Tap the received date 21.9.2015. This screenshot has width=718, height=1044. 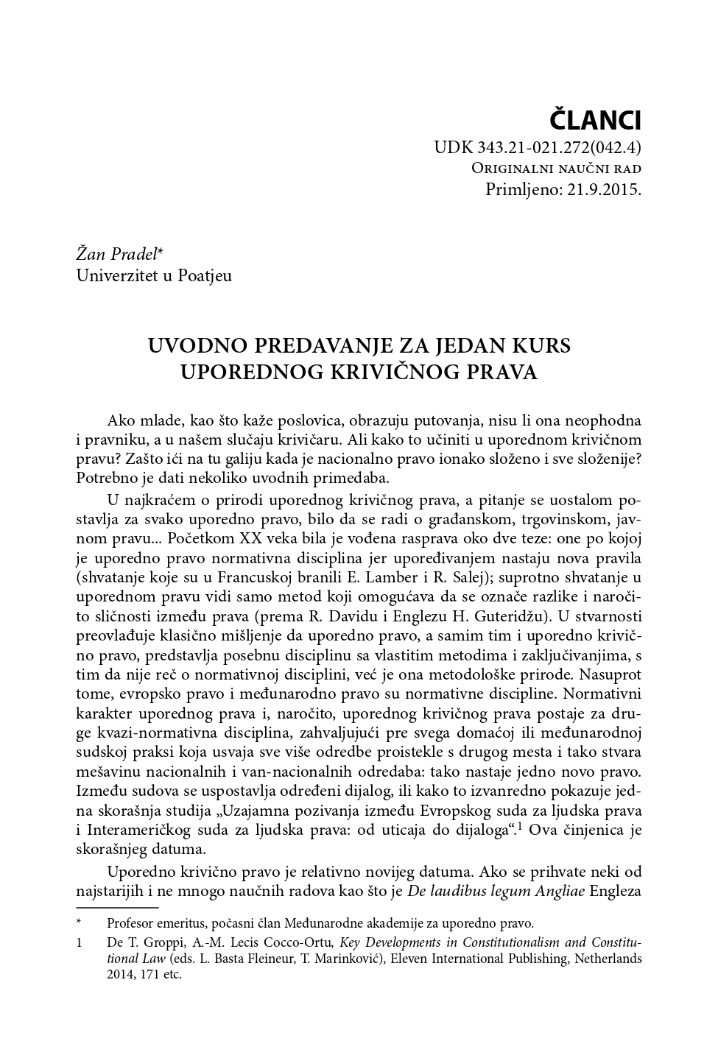click(x=604, y=189)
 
